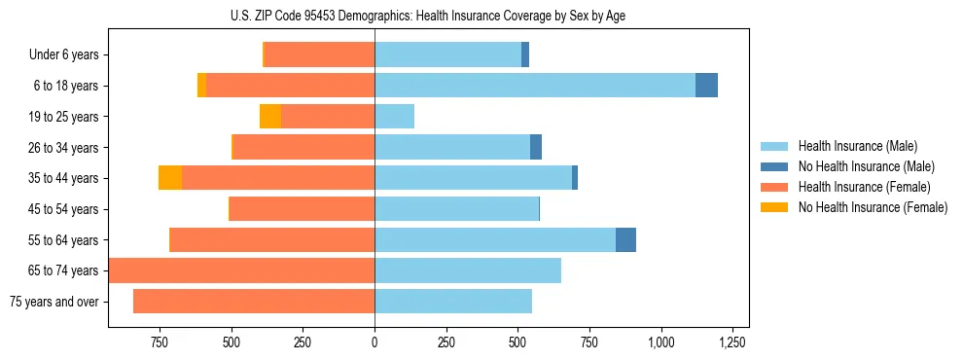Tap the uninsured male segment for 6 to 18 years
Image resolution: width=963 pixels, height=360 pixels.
point(706,86)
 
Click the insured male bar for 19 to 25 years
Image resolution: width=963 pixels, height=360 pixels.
point(394,117)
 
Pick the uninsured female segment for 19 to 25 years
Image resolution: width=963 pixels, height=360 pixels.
point(270,117)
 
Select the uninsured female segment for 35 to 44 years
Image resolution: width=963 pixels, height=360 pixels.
point(170,178)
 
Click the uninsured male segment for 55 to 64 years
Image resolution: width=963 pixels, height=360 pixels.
point(625,239)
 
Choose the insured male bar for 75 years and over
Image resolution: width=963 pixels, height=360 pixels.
point(452,302)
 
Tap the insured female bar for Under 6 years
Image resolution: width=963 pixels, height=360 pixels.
point(319,55)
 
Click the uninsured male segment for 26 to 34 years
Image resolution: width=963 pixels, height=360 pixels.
point(536,147)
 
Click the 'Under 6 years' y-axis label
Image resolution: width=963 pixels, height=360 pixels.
point(63,55)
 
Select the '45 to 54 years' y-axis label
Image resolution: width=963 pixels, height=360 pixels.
point(63,209)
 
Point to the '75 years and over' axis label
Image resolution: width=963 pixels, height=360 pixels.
point(53,302)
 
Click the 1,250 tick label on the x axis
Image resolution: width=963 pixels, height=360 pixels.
point(731,342)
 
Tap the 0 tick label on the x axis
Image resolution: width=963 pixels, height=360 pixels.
point(374,342)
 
